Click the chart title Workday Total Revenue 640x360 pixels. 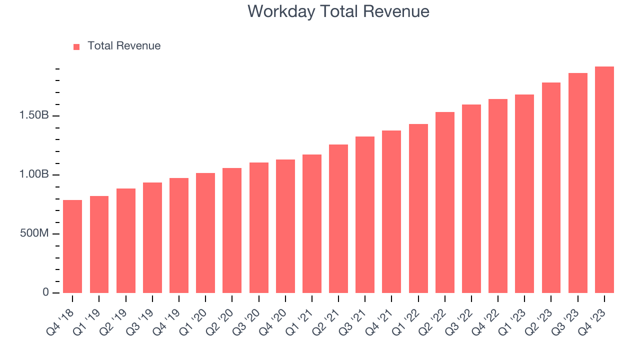[x=338, y=11]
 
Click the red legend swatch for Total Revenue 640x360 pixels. [x=76, y=46]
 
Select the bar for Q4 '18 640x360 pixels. [x=72, y=246]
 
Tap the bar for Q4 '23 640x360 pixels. [x=604, y=180]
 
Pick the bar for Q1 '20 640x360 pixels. [x=205, y=233]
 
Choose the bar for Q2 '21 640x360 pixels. [x=338, y=219]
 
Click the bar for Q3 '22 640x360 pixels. [x=471, y=199]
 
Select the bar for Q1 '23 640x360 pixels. [x=524, y=194]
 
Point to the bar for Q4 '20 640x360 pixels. [x=285, y=226]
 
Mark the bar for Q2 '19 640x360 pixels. [x=126, y=241]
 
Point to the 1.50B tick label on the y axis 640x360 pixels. [x=34, y=115]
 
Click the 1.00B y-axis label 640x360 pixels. [x=34, y=174]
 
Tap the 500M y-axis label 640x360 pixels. [x=34, y=233]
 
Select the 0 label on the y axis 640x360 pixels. [x=45, y=292]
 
